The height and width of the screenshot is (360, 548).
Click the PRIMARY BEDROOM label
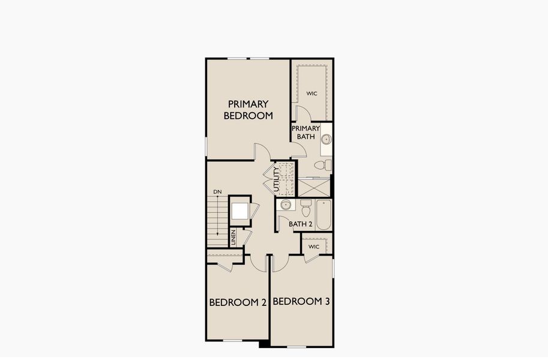(248, 110)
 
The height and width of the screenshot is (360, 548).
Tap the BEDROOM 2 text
(238, 302)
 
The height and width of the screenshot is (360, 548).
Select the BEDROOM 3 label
(301, 302)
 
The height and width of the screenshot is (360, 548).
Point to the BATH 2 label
(301, 224)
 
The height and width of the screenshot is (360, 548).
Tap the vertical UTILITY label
(277, 179)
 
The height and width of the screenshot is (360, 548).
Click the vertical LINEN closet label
(233, 238)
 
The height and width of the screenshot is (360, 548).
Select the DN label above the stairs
(217, 191)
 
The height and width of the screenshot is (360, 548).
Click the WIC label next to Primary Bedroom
(312, 94)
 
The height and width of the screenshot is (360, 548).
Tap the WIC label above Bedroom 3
(314, 247)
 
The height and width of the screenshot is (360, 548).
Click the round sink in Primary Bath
(326, 140)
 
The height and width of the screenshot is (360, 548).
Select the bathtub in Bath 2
(324, 216)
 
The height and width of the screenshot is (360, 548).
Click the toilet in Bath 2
(306, 209)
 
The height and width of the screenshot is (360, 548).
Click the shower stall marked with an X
(314, 187)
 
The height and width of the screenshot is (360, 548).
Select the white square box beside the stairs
(240, 211)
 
